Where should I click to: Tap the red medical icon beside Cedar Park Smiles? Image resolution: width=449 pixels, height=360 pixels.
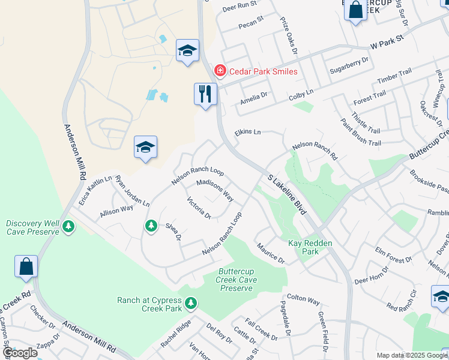[220, 71]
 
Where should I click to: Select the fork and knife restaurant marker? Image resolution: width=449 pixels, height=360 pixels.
[205, 94]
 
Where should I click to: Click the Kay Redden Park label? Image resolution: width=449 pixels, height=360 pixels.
[311, 247]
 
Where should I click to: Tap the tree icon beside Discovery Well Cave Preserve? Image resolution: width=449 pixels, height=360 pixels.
[68, 226]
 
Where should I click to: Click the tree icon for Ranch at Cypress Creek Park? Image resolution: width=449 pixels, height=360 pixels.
[191, 304]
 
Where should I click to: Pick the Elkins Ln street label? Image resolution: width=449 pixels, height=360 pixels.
[248, 132]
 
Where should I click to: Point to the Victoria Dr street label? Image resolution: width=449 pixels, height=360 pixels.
[199, 208]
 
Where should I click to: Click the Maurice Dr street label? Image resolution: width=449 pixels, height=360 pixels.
[270, 253]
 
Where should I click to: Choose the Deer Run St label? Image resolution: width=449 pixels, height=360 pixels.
[239, 8]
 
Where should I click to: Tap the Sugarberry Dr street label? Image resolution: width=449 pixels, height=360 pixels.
[349, 67]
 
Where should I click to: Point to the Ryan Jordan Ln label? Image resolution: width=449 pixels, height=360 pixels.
[132, 191]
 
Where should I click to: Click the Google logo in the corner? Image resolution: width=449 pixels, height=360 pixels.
[20, 353]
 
